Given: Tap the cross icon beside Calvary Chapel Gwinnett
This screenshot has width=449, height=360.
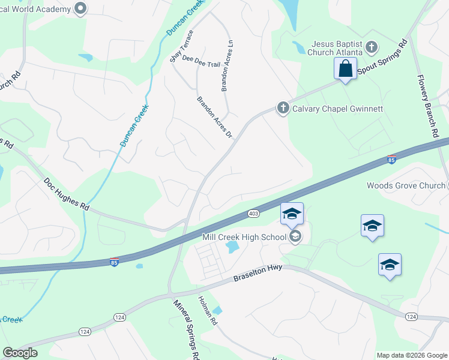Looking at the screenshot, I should click(283, 108).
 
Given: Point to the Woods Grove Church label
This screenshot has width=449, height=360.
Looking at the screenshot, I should click(405, 185).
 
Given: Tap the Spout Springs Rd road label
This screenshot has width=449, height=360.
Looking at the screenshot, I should click(383, 58).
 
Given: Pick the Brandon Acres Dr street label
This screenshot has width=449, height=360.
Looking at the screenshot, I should click(214, 117).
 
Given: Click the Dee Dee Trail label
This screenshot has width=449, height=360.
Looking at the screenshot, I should click(201, 64).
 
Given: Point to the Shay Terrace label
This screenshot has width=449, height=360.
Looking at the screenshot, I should click(181, 46).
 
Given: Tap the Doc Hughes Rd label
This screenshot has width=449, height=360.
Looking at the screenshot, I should click(66, 193).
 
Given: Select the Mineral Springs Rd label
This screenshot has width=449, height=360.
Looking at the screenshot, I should click(185, 329).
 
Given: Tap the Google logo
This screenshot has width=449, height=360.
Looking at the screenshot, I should click(20, 353).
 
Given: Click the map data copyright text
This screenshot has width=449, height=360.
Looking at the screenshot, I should click(412, 355).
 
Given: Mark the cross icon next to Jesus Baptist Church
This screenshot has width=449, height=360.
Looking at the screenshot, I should click(372, 47).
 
